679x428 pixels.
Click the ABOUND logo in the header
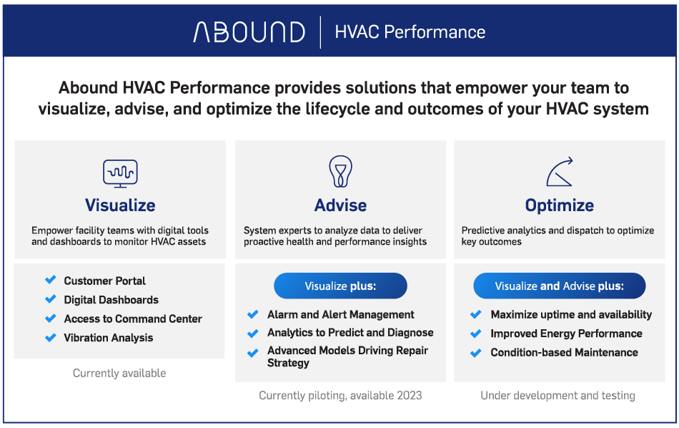click(x=249, y=32)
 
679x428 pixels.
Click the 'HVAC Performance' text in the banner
click(x=410, y=32)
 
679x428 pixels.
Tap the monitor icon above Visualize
click(x=120, y=173)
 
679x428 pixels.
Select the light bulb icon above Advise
click(x=340, y=171)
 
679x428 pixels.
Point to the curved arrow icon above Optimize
click(x=560, y=172)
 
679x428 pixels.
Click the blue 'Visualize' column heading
click(x=120, y=205)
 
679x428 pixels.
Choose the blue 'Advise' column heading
click(x=340, y=205)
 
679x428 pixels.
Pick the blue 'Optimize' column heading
click(x=560, y=205)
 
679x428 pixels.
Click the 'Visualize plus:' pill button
click(x=340, y=286)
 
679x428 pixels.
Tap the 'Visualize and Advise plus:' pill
click(x=560, y=286)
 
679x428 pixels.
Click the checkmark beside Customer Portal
click(x=51, y=280)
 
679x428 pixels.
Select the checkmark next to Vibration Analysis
click(x=51, y=337)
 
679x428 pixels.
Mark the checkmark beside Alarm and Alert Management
click(x=253, y=314)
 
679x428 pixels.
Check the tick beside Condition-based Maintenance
click(x=476, y=353)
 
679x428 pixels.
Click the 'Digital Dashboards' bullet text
click(x=111, y=300)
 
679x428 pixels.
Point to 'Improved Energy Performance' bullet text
click(x=566, y=334)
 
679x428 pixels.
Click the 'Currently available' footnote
click(x=119, y=373)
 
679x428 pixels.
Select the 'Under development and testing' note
click(x=557, y=396)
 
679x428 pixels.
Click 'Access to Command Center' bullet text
click(x=133, y=318)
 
